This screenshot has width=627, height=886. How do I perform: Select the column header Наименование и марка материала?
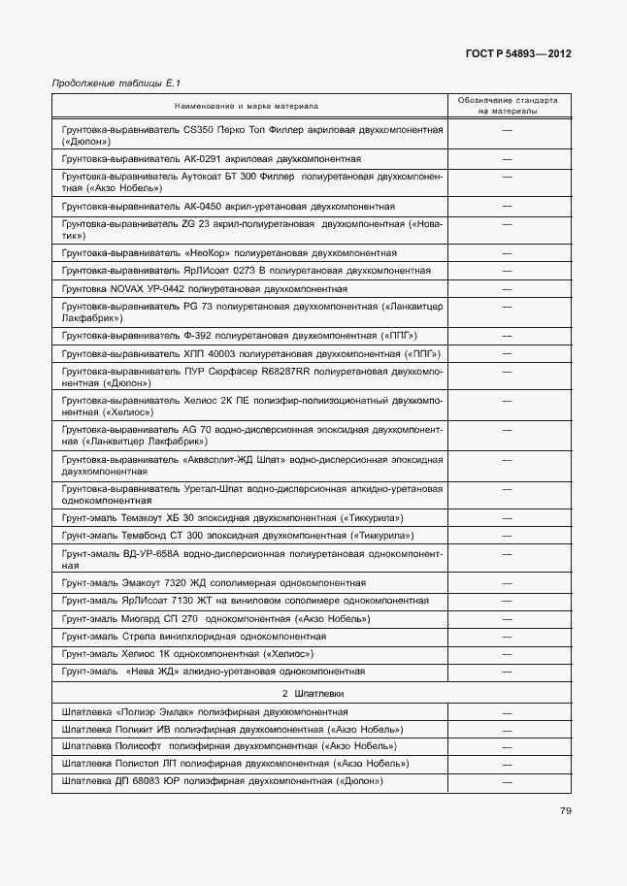point(247,105)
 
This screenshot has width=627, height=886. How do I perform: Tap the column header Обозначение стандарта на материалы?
point(507,105)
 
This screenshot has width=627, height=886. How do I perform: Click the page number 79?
point(564,811)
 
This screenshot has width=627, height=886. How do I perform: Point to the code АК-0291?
point(203,158)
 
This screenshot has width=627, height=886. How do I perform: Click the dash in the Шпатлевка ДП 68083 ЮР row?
point(507,781)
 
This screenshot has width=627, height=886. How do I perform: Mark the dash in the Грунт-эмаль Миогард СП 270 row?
point(507,618)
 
